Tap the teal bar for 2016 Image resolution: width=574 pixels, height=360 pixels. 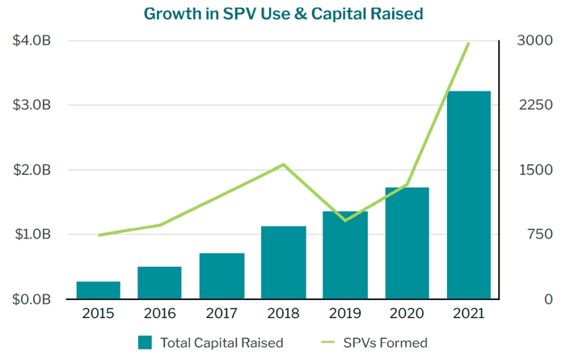pos(159,282)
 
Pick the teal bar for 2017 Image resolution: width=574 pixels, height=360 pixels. pos(222,276)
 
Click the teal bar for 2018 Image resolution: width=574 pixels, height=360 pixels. pos(283,262)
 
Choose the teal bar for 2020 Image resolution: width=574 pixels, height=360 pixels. pos(407,243)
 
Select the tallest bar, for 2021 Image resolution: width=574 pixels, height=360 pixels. pos(469,194)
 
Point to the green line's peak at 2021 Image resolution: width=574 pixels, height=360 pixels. pos(469,43)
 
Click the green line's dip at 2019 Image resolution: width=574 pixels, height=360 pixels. pos(345,220)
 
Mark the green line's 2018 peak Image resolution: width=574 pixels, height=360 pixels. pos(283,164)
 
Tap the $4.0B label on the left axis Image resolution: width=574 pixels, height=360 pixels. pos(32,40)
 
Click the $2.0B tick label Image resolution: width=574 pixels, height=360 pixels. pos(32,170)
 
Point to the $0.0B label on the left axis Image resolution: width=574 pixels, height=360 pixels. pos(32,299)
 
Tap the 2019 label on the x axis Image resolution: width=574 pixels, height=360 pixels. pos(345,314)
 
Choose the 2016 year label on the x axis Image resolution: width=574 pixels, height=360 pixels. pos(159,314)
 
